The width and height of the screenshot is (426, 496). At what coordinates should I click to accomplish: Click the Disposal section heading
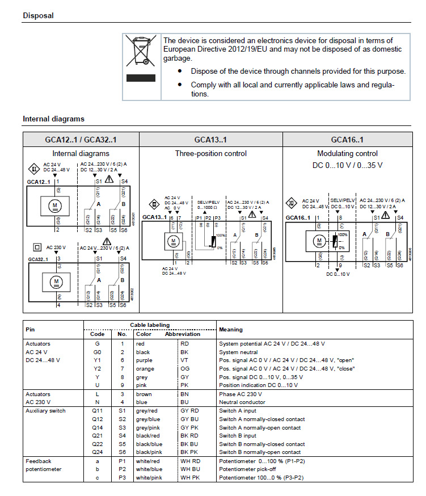(38, 16)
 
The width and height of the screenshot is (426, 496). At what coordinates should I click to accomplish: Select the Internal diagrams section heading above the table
(53, 119)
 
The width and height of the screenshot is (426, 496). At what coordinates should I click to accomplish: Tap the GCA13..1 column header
(210, 140)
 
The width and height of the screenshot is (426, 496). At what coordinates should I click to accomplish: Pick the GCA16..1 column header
(347, 140)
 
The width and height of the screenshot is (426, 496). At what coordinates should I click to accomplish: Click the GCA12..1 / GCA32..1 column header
(81, 140)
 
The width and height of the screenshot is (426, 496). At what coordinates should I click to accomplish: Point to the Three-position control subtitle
(210, 153)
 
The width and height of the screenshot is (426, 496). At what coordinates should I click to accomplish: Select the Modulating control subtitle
(347, 153)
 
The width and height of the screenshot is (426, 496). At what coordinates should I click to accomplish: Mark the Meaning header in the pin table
(230, 329)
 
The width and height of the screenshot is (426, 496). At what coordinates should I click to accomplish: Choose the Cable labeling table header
(150, 325)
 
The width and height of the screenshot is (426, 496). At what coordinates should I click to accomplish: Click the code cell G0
(97, 352)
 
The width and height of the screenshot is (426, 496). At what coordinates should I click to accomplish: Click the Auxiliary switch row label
(45, 411)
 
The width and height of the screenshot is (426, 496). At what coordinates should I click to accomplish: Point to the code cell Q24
(98, 452)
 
